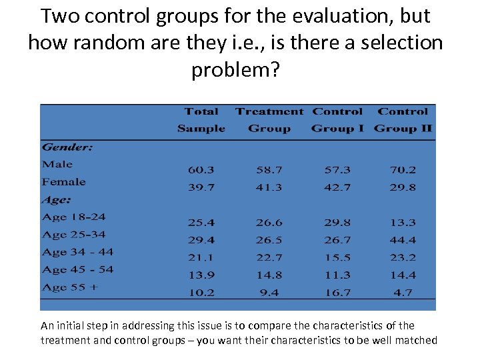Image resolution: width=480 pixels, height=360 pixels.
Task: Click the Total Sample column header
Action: [x=201, y=120]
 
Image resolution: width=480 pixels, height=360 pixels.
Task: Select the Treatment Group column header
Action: [x=269, y=120]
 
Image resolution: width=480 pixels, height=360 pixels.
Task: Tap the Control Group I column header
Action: [x=337, y=120]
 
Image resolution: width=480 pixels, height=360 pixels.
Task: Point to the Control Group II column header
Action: [x=403, y=120]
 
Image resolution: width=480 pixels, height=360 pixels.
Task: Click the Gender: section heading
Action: [x=67, y=147]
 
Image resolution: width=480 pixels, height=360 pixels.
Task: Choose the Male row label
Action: [x=57, y=164]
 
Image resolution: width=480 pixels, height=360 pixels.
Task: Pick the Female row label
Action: [x=63, y=181]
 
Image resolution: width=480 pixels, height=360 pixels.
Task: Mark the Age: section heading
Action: [x=56, y=199]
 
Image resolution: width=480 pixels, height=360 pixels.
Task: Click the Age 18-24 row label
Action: [x=73, y=217]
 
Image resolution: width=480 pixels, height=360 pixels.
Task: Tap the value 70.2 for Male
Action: [x=403, y=170]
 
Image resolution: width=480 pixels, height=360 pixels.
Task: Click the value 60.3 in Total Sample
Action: [x=201, y=170]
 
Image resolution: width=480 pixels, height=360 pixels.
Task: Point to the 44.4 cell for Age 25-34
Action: [x=403, y=240]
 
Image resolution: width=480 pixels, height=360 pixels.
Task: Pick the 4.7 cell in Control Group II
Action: [x=403, y=292]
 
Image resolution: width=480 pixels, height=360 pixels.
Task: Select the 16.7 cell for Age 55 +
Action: [x=337, y=292]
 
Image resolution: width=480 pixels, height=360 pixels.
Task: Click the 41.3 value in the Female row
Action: [x=269, y=187]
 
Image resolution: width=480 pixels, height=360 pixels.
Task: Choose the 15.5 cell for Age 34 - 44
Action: [x=337, y=257]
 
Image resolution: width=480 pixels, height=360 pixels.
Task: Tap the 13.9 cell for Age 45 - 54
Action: [x=201, y=275]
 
